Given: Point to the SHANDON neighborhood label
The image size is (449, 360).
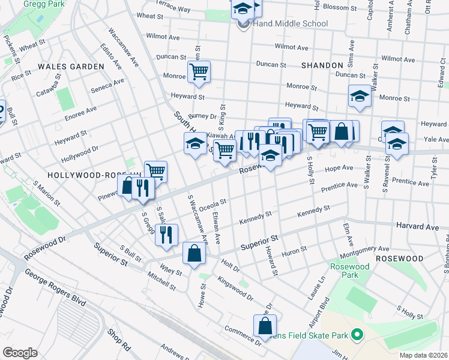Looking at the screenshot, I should (x=322, y=65).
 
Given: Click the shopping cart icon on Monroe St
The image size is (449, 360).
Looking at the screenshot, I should (x=198, y=73).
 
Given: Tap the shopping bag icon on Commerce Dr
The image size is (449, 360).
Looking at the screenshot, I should (x=265, y=326).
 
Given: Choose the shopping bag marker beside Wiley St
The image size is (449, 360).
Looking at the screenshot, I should (x=194, y=253).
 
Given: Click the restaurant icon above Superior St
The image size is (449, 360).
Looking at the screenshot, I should (x=166, y=234).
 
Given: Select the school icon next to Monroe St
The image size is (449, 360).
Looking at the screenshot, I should (x=360, y=96).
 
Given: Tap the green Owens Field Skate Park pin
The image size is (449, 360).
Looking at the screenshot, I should (x=357, y=334).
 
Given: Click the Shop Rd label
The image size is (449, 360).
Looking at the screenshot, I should (x=118, y=340).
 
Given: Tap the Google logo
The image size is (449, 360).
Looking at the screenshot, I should (x=20, y=352).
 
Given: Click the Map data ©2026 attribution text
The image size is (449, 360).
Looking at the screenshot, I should (x=424, y=355).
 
